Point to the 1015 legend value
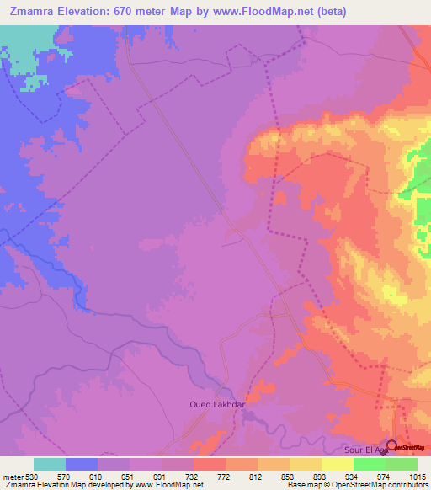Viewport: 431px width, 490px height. click(418, 477)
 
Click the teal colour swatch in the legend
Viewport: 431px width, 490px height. click(50, 464)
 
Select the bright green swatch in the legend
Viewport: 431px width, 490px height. click(370, 464)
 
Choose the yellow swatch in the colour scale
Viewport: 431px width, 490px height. click(338, 464)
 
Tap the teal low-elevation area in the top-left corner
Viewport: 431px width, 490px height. click(25, 42)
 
